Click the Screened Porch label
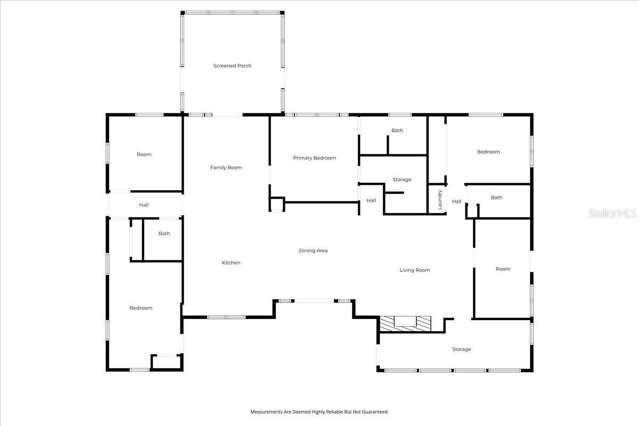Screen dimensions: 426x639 point(232,66)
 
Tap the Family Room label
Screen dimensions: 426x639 point(226,168)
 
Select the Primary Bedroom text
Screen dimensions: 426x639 point(314,158)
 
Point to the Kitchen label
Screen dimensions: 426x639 point(231,263)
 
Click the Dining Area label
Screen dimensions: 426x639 point(313,251)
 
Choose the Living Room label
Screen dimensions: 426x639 point(414,271)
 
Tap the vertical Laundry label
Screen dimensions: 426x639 point(440,199)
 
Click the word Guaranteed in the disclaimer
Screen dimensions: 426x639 point(376,412)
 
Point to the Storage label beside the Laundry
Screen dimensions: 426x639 point(402,180)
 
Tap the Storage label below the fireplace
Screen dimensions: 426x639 point(461,349)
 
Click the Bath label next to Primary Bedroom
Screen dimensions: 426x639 point(397,130)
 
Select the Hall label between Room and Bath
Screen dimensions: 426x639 point(144,205)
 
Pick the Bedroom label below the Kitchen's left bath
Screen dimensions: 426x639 point(141,308)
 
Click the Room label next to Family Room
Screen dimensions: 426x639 point(144,154)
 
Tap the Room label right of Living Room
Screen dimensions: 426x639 point(503,269)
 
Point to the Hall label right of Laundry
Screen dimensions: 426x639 point(456,202)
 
